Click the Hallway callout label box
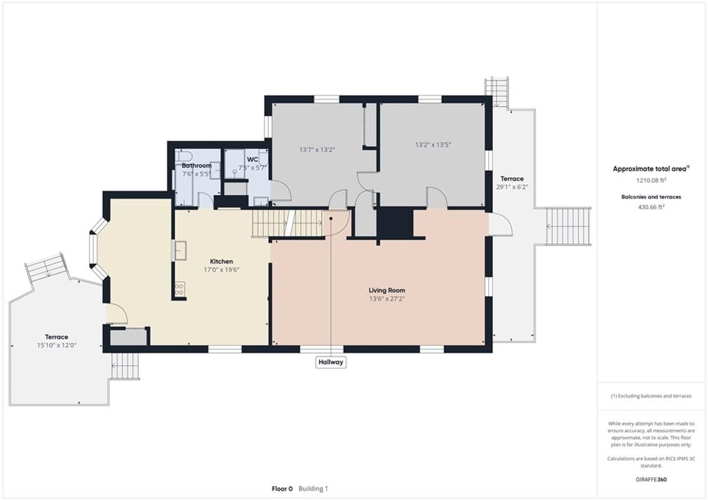click(x=330, y=362)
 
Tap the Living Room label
click(x=386, y=290)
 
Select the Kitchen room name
click(x=221, y=261)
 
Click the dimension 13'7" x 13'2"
click(x=317, y=149)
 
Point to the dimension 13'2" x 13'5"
click(x=433, y=145)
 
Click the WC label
click(x=252, y=160)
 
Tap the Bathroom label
click(x=196, y=166)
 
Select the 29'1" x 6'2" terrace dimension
click(x=512, y=187)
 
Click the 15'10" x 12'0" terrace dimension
click(x=57, y=345)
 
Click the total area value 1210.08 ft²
click(x=651, y=180)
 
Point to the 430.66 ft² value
click(x=651, y=207)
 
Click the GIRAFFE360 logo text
click(x=651, y=479)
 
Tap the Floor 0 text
click(x=282, y=489)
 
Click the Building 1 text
click(x=313, y=489)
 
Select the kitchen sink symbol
click(x=180, y=250)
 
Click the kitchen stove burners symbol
click(x=179, y=289)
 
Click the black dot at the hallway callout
click(x=331, y=219)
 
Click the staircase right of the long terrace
click(x=568, y=227)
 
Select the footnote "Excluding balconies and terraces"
click(x=651, y=396)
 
